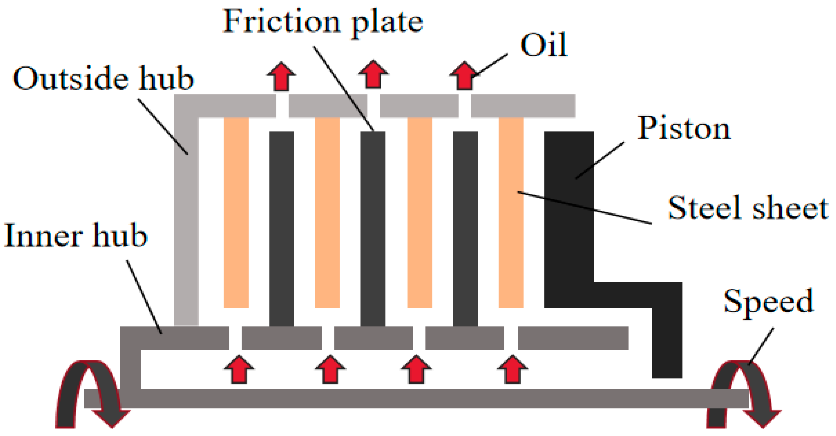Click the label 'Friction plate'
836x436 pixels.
click(x=323, y=22)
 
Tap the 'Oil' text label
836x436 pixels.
click(x=544, y=45)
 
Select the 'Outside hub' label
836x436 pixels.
click(x=103, y=78)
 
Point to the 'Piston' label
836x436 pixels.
click(x=684, y=129)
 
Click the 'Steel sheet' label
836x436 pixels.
click(x=748, y=208)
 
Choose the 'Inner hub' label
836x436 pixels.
click(x=76, y=236)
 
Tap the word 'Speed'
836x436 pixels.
click(x=769, y=302)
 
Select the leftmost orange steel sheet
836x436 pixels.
click(x=236, y=212)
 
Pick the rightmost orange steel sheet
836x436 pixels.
click(x=511, y=212)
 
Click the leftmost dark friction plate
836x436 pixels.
click(x=282, y=229)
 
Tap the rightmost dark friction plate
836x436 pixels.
click(x=465, y=229)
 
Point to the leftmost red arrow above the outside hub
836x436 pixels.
click(x=281, y=77)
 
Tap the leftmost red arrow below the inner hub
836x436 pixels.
click(x=239, y=370)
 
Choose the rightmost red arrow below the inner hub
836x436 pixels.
click(x=512, y=370)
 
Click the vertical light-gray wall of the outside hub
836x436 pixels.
click(x=186, y=220)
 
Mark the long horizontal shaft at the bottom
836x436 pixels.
click(x=416, y=398)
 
